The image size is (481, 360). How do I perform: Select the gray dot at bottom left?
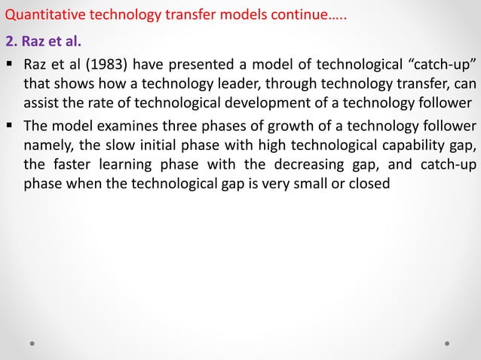click(x=32, y=343)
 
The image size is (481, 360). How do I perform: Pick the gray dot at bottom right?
click(x=447, y=343)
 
